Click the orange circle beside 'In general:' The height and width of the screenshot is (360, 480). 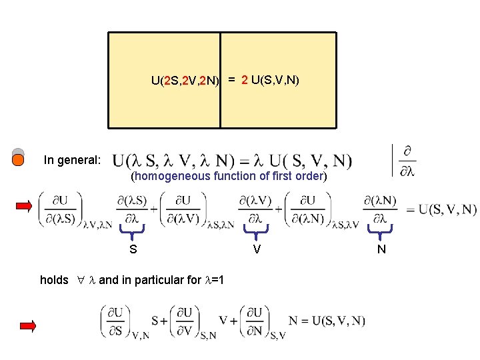19,159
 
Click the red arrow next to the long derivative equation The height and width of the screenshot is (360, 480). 25,205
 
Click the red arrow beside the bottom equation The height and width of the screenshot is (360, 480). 27,325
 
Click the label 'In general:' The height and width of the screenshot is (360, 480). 72,160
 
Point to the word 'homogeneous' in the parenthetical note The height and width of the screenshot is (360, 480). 173,176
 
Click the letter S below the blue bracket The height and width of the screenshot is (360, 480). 133,250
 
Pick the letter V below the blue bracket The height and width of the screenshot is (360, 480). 256,250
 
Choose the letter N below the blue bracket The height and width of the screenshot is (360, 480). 381,250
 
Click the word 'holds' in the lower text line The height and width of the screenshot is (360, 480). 54,280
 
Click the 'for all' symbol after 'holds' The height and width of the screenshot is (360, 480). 79,281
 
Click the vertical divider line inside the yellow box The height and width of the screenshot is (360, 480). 220,80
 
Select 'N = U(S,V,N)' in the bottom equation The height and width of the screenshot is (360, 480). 327,321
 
